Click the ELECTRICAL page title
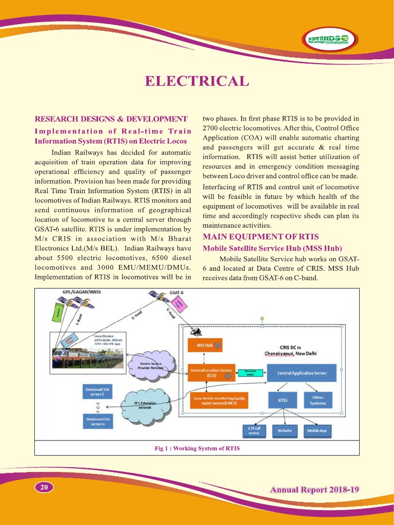197,82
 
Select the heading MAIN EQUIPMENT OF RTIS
261,237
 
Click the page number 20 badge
44,487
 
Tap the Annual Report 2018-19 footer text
314,489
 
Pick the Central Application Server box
302,373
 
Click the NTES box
282,400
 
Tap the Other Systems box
318,400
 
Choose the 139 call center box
254,431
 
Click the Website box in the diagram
285,431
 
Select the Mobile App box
317,431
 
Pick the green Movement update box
250,373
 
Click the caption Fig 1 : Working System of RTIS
197,449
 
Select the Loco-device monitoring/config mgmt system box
219,401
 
